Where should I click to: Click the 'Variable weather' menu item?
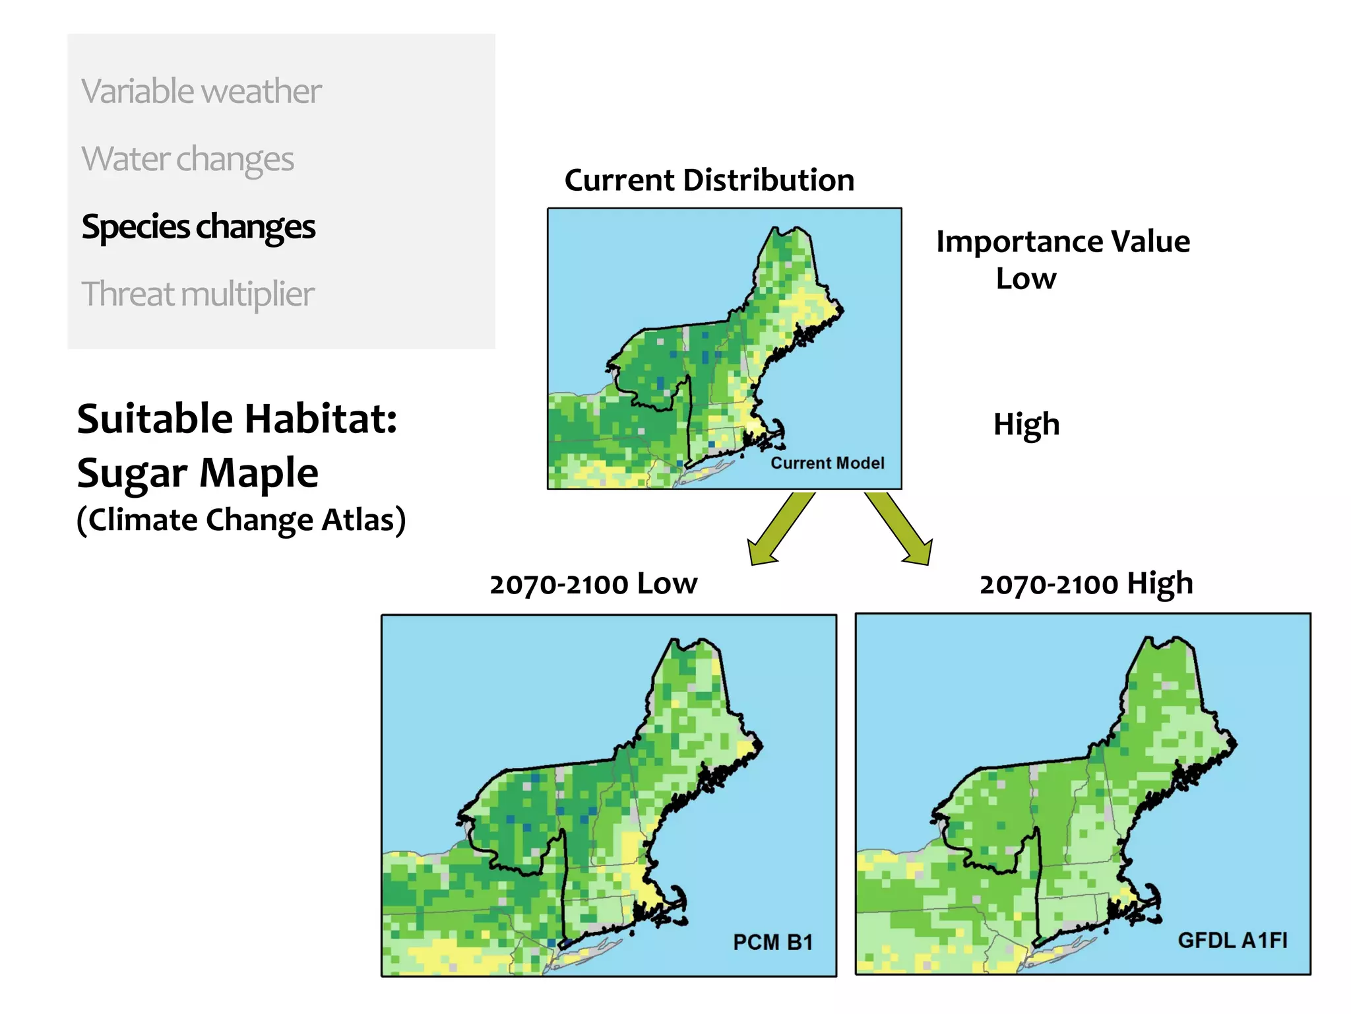tap(201, 91)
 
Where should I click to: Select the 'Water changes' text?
tap(188, 159)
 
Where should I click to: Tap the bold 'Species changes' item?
tap(199, 227)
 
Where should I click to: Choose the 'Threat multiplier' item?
tap(198, 294)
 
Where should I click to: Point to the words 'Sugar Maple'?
tap(197, 473)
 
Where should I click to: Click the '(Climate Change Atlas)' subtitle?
tap(241, 520)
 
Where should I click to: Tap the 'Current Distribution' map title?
tap(709, 180)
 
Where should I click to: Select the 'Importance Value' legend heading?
tap(1063, 242)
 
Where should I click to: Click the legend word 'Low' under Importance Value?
tap(1026, 279)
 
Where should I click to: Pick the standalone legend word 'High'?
tap(1026, 424)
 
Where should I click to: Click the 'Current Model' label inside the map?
tap(827, 463)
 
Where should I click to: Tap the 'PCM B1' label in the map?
tap(772, 942)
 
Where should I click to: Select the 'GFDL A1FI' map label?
tap(1232, 940)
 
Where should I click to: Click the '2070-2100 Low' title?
tap(593, 584)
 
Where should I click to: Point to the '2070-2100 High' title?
tap(1086, 584)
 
